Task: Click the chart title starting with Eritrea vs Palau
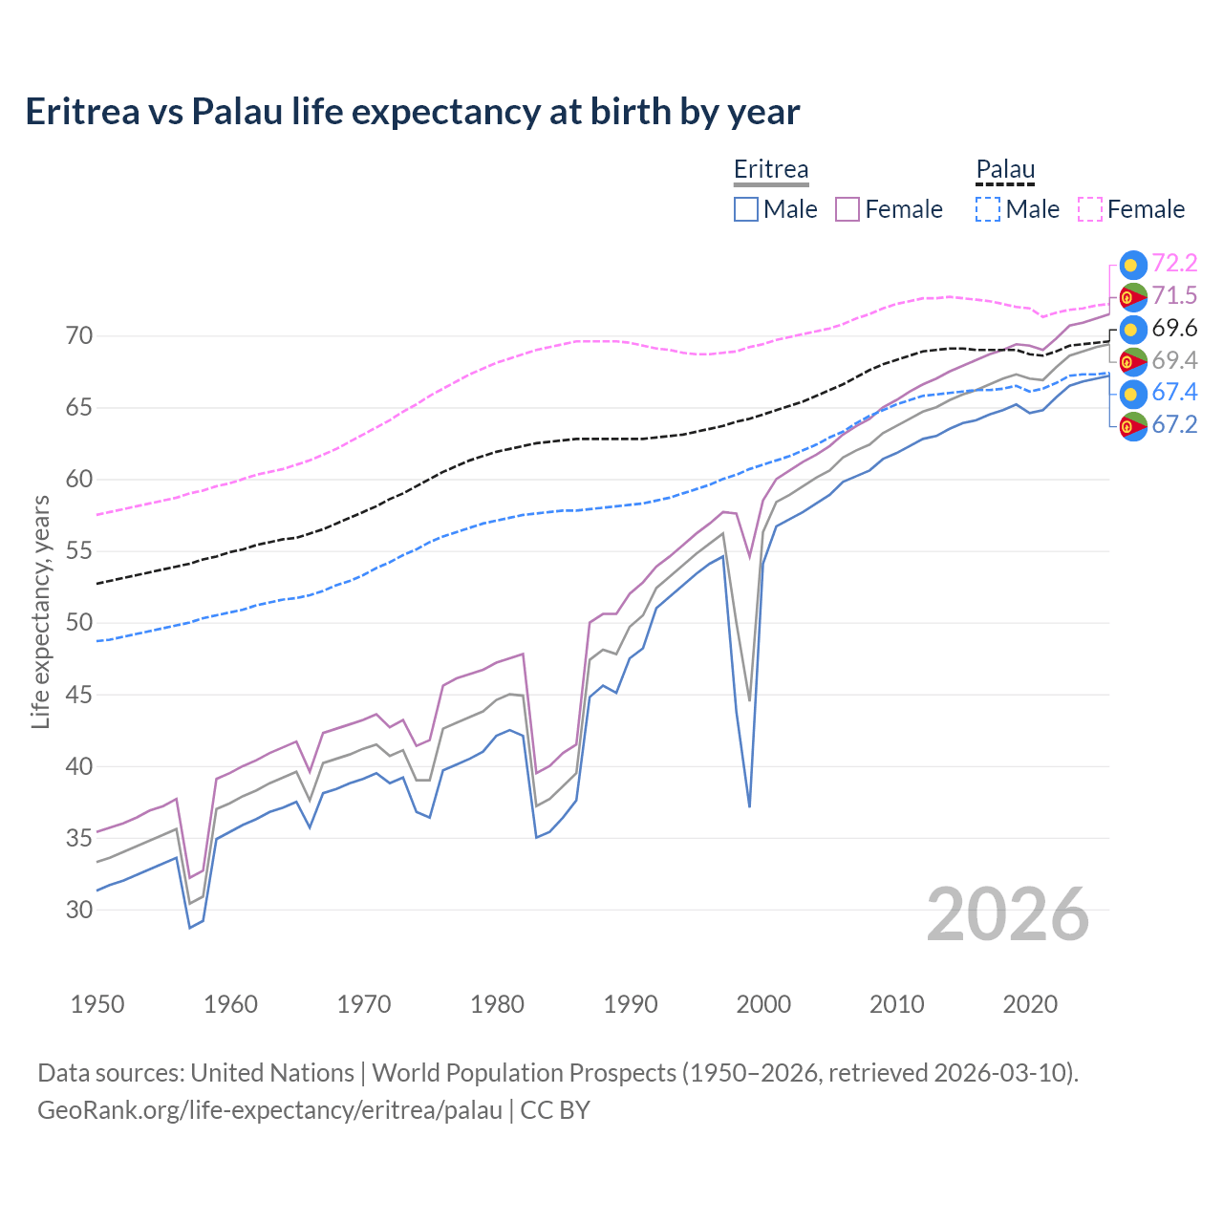point(412,112)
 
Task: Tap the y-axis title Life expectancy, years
point(40,611)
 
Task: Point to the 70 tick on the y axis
point(79,336)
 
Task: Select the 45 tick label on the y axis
point(79,695)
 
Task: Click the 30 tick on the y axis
point(79,910)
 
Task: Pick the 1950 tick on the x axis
point(97,1004)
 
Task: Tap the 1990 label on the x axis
point(631,1004)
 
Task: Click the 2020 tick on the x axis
point(1030,1004)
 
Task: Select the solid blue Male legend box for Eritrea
point(746,209)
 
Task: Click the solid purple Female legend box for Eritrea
point(848,209)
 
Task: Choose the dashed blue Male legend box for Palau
point(988,209)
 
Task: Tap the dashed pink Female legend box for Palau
point(1090,209)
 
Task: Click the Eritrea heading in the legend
point(771,169)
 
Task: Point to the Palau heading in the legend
point(1005,169)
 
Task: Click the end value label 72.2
point(1174,264)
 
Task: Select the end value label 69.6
point(1174,329)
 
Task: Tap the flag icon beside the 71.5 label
point(1132,297)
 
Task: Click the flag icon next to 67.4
point(1132,394)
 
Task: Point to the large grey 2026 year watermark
point(1008,914)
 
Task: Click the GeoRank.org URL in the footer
point(269,1110)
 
